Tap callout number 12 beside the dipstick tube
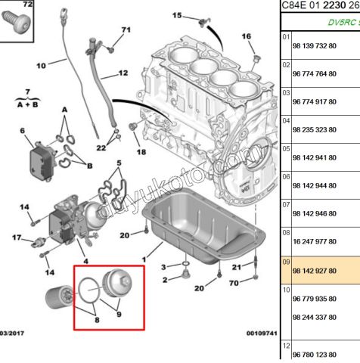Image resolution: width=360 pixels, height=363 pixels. pyautogui.click(x=124, y=74)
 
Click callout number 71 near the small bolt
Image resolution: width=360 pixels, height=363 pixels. pyautogui.click(x=126, y=30)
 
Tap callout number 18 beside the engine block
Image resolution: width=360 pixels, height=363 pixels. pyautogui.click(x=141, y=152)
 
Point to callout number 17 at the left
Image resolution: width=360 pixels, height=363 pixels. pyautogui.click(x=17, y=239)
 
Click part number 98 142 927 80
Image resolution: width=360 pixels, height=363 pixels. pyautogui.click(x=315, y=269)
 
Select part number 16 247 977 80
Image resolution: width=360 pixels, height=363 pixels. pyautogui.click(x=315, y=241)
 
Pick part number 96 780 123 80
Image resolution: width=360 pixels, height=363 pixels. pyautogui.click(x=315, y=354)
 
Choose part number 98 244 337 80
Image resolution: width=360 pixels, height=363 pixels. pyautogui.click(x=315, y=317)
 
